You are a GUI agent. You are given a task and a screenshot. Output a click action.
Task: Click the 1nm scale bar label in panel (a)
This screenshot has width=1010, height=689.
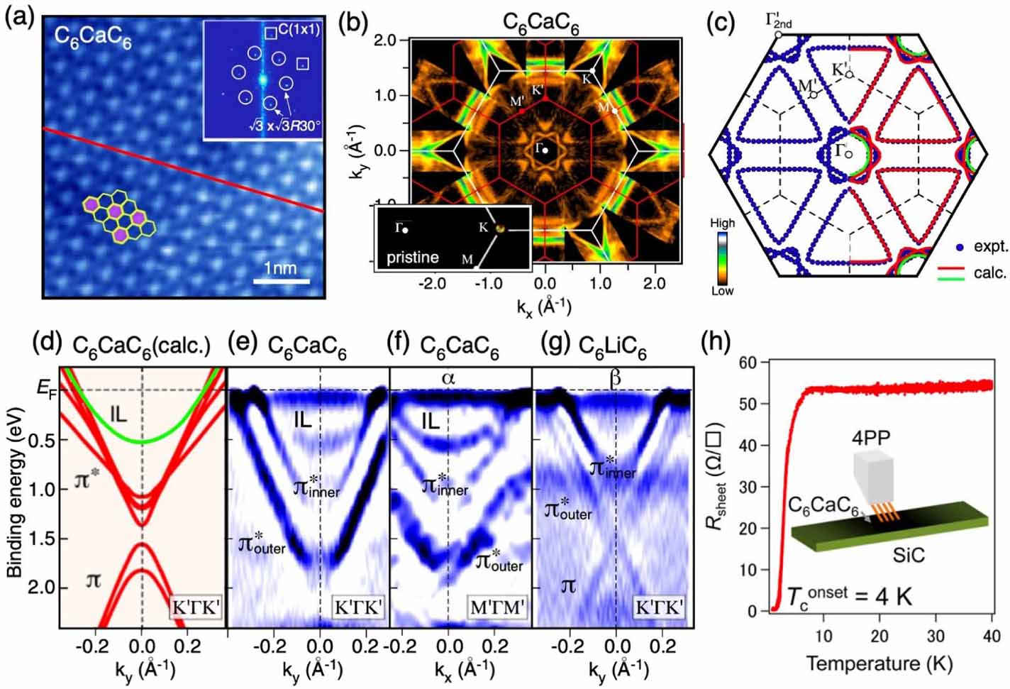(281, 268)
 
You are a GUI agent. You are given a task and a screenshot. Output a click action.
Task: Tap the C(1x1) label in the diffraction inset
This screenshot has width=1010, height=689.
(299, 30)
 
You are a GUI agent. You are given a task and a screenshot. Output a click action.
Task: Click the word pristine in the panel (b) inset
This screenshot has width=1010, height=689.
(412, 257)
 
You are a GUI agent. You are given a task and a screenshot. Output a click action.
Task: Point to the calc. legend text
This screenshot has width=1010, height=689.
(991, 273)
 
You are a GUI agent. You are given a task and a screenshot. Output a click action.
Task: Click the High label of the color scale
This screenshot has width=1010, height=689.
(722, 223)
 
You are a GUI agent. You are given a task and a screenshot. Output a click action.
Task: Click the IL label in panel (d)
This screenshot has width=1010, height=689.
(118, 414)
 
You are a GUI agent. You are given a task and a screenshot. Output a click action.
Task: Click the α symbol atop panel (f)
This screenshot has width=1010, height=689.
(448, 377)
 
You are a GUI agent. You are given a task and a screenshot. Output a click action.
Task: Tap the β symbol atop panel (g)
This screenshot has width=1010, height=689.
(615, 377)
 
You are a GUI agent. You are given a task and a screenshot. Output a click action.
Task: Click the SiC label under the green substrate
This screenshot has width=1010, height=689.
(909, 554)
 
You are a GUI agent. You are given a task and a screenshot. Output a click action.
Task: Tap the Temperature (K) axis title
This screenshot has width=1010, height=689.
(879, 663)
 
